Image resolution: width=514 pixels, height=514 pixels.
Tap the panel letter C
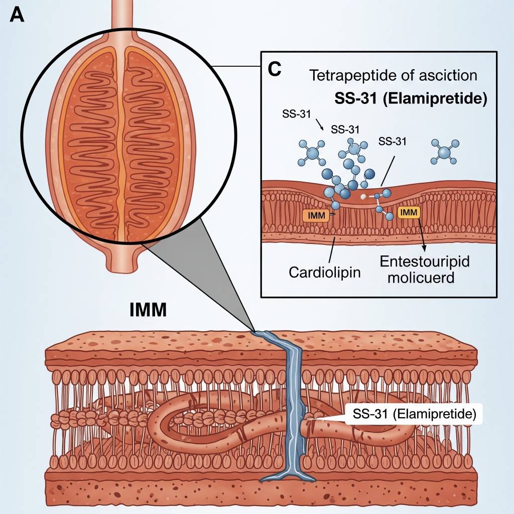274,69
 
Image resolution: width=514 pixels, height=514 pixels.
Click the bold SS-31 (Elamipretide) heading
411,98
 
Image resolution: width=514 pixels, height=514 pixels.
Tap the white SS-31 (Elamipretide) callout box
411,415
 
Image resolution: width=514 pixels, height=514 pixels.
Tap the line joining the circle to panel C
236,66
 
